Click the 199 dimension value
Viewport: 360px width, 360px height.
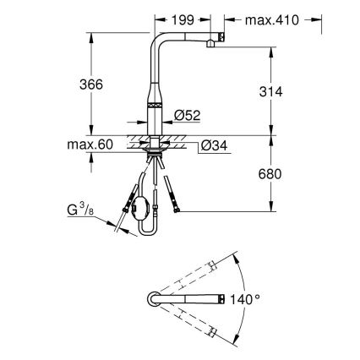[178, 19]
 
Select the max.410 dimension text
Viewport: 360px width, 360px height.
[272, 19]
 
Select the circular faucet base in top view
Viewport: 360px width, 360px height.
[155, 300]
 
